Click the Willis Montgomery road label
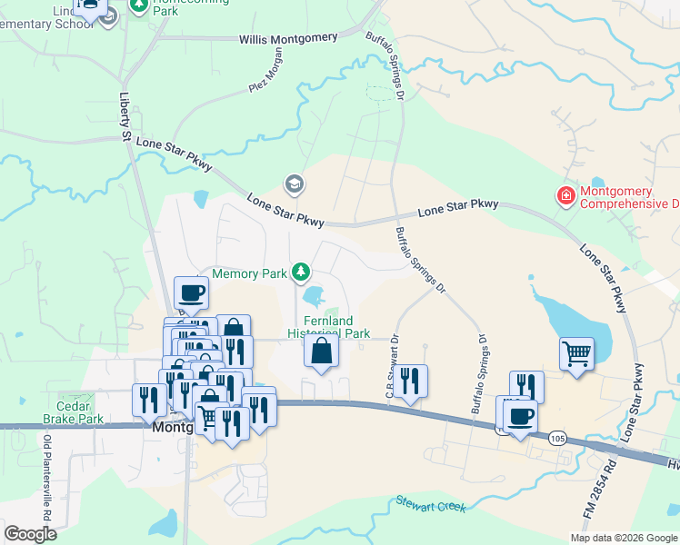288,38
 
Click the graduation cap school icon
294,184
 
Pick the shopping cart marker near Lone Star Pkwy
575,353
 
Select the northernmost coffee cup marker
191,292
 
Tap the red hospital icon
565,195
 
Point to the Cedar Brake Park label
68,413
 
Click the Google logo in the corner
30,534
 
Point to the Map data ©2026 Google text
624,538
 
